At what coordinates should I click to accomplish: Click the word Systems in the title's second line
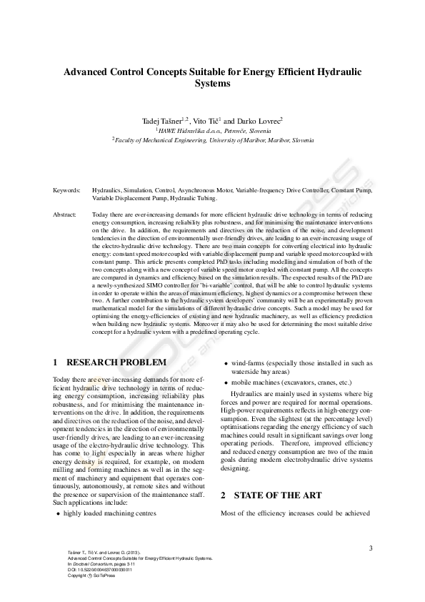coord(212,84)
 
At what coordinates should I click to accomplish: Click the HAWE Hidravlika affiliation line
coord(211,132)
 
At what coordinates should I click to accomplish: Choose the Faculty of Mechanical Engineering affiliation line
coord(212,142)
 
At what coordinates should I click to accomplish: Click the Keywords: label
coord(66,191)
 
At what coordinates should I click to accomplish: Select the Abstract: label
coord(66,214)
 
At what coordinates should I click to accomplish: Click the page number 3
coord(371,548)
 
